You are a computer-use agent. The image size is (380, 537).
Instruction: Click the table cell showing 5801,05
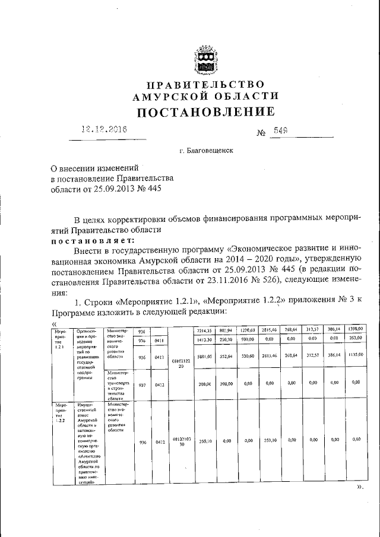[x=204, y=355]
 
